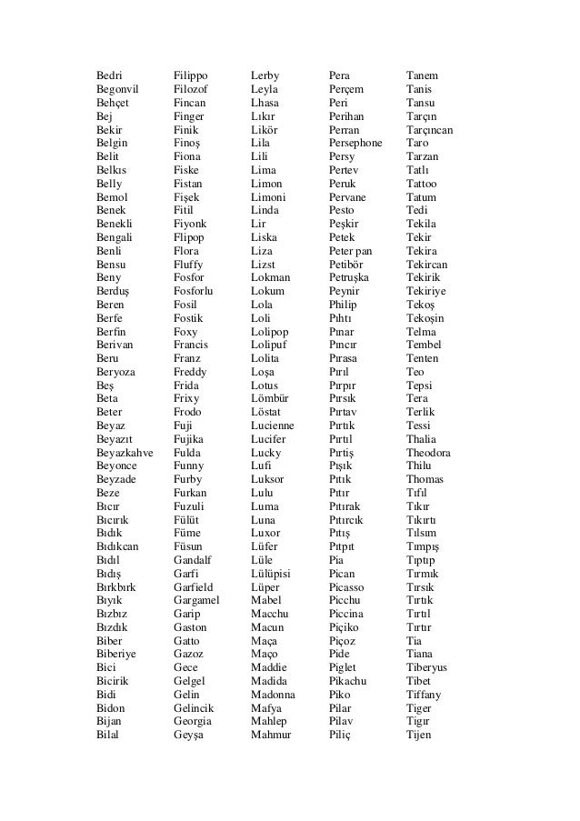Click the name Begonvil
(x=119, y=89)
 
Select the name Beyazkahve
(x=124, y=453)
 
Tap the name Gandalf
(x=192, y=560)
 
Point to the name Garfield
(x=194, y=587)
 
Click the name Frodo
(x=188, y=412)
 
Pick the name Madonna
(x=273, y=695)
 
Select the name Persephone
(x=355, y=144)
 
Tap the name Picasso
(x=348, y=587)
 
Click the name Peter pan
(x=351, y=251)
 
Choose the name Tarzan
(x=423, y=156)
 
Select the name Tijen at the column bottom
(x=419, y=735)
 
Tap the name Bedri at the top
(x=110, y=75)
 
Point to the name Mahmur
(x=271, y=735)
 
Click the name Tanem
(x=422, y=75)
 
